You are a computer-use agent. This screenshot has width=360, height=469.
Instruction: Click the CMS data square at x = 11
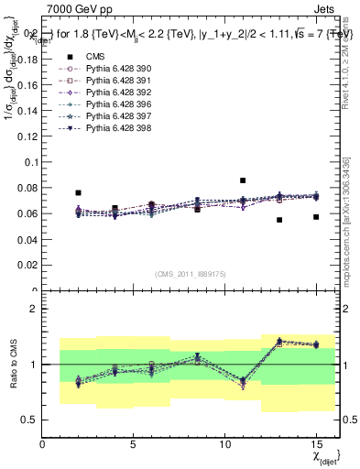[x=243, y=180]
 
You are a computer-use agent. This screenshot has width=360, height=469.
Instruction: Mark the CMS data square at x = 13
[x=279, y=220]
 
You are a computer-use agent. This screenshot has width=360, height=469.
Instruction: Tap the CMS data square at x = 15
[x=316, y=217]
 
